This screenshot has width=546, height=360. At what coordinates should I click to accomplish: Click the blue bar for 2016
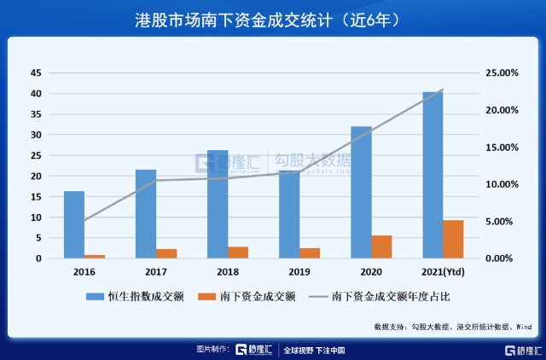click(x=74, y=224)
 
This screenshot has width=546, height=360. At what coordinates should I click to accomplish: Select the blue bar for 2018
click(x=218, y=204)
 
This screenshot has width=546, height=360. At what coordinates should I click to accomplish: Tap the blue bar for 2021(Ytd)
click(x=433, y=175)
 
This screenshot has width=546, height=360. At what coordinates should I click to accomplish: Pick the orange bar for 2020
click(x=381, y=247)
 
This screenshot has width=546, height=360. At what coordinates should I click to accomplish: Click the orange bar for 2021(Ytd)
click(x=453, y=239)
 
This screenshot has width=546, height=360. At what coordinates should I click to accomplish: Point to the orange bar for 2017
click(x=166, y=253)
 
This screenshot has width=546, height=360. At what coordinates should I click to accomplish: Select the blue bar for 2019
click(x=289, y=214)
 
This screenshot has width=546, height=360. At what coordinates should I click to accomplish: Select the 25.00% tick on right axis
click(x=498, y=73)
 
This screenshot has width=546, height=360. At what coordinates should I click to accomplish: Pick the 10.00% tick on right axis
click(x=498, y=184)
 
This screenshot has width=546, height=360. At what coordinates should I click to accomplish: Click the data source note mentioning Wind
click(x=453, y=327)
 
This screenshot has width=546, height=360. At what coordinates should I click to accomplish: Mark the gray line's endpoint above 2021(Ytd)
click(x=443, y=90)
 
